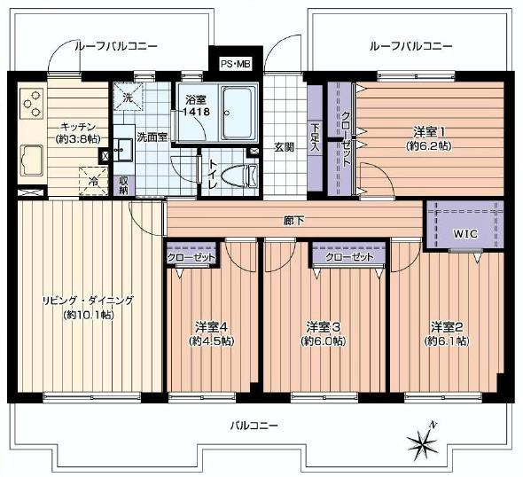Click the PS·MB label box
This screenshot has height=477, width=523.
[x=236, y=64]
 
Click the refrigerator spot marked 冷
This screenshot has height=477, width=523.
[x=93, y=181]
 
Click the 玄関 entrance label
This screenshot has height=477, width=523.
[x=284, y=147]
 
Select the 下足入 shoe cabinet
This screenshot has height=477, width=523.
[x=316, y=137]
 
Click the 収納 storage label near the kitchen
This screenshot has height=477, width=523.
[x=122, y=184]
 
